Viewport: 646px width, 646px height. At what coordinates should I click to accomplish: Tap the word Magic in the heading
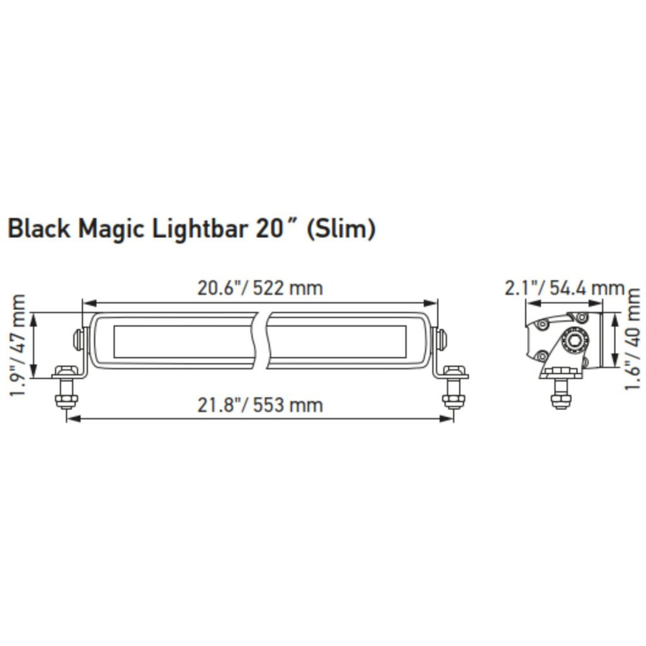pos(112,230)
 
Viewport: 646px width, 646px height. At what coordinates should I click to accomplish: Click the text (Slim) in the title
pos(341,230)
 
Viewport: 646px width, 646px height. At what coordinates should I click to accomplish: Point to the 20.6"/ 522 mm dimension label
pos(260,288)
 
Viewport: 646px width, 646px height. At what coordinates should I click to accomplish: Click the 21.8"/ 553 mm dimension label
pos(260,404)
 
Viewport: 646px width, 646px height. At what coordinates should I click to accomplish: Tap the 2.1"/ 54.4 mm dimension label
pos(564,288)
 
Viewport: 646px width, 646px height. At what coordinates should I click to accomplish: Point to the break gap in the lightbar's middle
pos(264,341)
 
